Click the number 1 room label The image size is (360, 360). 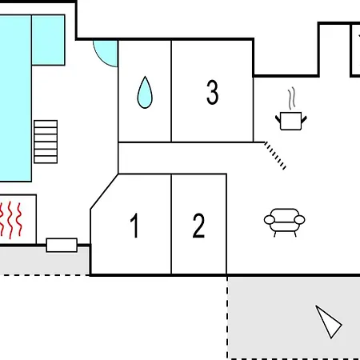(135, 226)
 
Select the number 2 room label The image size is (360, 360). (198, 226)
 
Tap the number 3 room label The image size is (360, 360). (213, 92)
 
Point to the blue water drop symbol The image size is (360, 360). (145, 92)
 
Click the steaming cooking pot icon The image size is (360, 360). (291, 121)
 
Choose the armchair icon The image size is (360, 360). (285, 222)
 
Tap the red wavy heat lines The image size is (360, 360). (10, 220)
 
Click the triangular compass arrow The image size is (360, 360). (329, 322)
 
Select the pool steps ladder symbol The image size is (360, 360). (46, 142)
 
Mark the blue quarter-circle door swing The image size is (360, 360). (106, 54)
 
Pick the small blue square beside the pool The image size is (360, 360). (48, 40)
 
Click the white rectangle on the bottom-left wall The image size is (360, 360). (62, 245)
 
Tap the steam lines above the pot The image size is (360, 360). (292, 98)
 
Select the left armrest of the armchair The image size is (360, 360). (270, 220)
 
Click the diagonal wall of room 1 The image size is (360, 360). (104, 192)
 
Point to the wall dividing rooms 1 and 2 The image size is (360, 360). (171, 224)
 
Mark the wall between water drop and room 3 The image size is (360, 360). (171, 91)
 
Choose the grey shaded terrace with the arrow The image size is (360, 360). (294, 318)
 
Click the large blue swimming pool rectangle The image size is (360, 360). (15, 98)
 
